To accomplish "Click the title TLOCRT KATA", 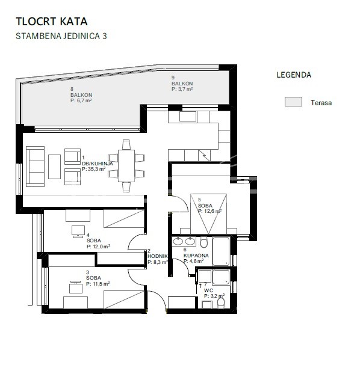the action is (52, 22).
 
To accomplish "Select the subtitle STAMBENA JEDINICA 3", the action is (61, 36).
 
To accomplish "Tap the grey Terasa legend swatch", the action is (293, 102).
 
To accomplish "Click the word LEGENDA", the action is (294, 75).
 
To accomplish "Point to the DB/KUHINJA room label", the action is (98, 164).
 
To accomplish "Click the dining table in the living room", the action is (126, 166).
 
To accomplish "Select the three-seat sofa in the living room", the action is (35, 167).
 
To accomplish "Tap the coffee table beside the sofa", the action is (54, 167).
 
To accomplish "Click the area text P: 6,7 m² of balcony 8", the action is (81, 100).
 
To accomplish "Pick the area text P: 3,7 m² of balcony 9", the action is (182, 89).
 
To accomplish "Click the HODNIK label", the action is (158, 256).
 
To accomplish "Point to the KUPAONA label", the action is (196, 256).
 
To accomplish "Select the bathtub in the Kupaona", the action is (221, 251).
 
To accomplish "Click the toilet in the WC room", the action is (221, 303).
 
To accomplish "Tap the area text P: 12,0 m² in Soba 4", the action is (98, 247).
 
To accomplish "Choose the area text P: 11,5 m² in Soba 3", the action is (98, 284).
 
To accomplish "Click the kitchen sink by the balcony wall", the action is (188, 116).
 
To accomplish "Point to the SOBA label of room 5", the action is (205, 206).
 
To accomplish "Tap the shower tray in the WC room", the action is (221, 277).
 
